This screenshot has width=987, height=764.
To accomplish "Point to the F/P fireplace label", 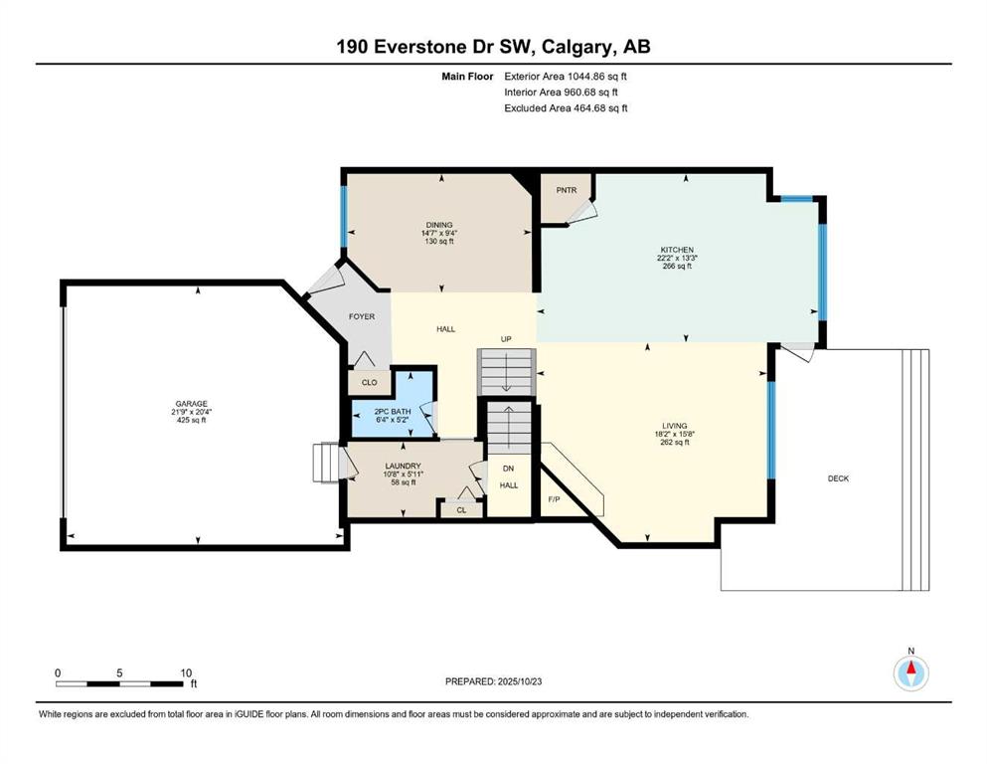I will pyautogui.click(x=555, y=499).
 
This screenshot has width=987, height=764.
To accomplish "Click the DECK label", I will pyautogui.click(x=838, y=478).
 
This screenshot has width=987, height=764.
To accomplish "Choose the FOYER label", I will pyautogui.click(x=362, y=316).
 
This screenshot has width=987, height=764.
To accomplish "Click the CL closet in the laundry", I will pyautogui.click(x=461, y=509).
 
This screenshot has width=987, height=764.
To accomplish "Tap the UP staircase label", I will pyautogui.click(x=506, y=339).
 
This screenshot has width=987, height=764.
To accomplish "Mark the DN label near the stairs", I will pyautogui.click(x=508, y=468).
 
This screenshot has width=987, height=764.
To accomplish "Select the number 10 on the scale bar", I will pyautogui.click(x=185, y=672).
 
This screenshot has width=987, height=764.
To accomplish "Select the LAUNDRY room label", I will pyautogui.click(x=405, y=466).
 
